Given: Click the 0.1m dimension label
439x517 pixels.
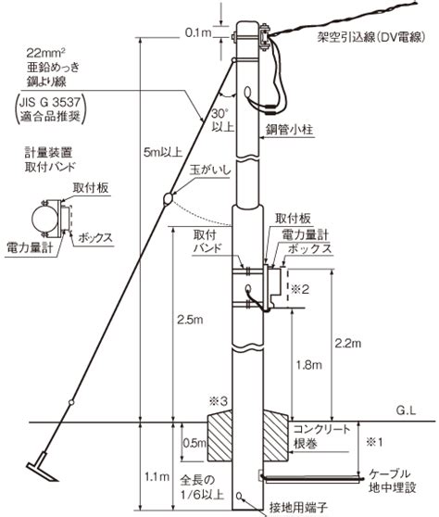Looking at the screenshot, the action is (x=197, y=32).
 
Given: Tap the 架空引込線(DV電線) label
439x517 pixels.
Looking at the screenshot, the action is (x=371, y=37).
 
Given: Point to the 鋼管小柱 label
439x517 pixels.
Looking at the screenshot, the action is (x=289, y=130).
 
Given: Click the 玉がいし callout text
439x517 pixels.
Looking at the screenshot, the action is (x=210, y=170).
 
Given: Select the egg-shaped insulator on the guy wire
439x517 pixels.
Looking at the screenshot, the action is (x=168, y=198).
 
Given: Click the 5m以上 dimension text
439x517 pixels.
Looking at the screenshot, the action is (x=163, y=152).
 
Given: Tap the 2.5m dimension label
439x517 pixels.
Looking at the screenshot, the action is (x=190, y=320).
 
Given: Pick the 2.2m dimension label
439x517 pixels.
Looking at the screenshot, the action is (x=348, y=344).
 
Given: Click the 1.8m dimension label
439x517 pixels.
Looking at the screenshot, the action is (x=308, y=365).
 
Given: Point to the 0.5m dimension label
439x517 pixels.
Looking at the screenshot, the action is (x=194, y=443).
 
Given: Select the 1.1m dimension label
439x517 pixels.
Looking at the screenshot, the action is (x=157, y=476).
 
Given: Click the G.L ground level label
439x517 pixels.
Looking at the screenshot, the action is (x=406, y=410).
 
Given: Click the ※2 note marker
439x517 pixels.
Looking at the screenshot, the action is (x=299, y=289).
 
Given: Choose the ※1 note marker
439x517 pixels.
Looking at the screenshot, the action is (x=375, y=442).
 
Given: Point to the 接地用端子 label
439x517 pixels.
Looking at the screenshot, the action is (x=298, y=508).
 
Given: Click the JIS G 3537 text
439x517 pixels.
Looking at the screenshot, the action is (x=49, y=102).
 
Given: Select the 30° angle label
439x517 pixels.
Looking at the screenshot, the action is (x=219, y=114).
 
